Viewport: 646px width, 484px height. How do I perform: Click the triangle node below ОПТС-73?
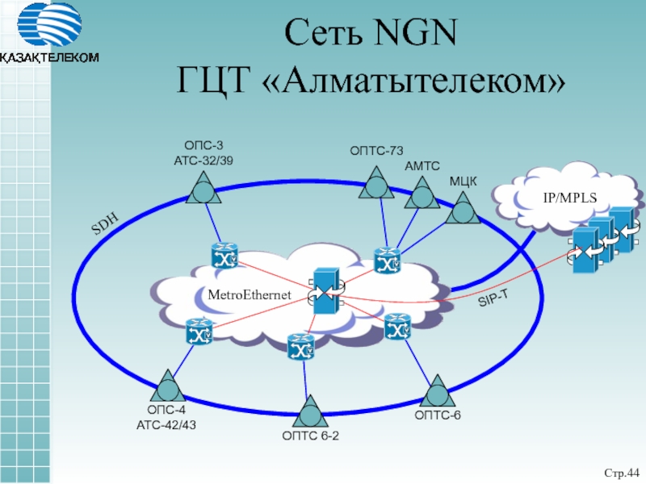(376, 183)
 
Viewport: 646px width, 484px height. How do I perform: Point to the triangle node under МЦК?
(463, 211)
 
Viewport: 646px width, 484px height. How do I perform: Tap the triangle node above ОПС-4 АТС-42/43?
(167, 386)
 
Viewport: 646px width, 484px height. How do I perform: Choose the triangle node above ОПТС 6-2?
(309, 412)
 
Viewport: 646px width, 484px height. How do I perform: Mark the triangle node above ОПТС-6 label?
(437, 391)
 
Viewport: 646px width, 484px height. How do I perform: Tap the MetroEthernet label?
(249, 296)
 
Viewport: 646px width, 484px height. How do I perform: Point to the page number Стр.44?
(621, 471)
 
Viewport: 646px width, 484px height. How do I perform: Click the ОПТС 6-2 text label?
(310, 437)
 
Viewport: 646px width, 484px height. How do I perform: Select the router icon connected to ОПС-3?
(224, 256)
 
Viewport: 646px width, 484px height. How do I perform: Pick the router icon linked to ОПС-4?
(198, 332)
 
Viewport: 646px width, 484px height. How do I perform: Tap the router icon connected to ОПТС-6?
(397, 327)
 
